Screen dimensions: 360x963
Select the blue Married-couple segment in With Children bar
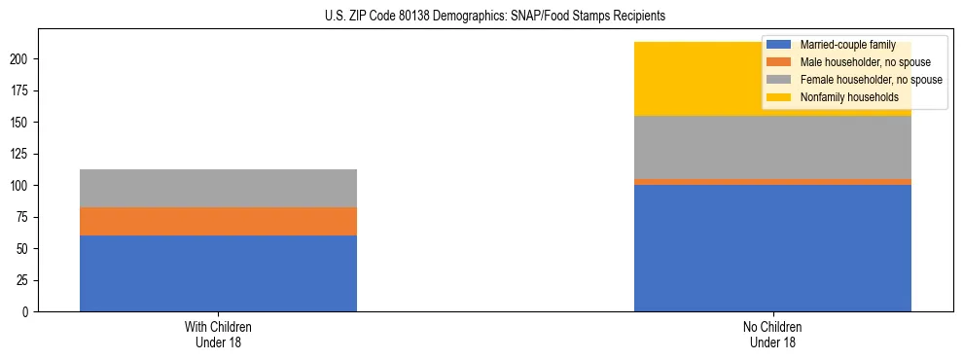tap(218, 273)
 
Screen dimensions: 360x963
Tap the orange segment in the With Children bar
tap(218, 221)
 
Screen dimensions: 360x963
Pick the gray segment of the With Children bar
tap(218, 188)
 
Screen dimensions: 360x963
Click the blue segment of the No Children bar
tap(772, 248)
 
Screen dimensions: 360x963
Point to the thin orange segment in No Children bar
tap(772, 182)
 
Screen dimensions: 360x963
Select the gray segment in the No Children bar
tap(772, 147)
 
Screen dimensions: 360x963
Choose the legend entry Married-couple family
tap(843, 45)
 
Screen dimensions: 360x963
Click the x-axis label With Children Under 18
tap(218, 334)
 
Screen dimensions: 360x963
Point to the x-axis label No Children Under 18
tap(772, 334)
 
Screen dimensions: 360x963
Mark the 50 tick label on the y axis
tap(24, 249)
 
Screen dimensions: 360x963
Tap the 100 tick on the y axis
tap(21, 186)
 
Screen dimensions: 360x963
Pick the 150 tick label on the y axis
tap(21, 123)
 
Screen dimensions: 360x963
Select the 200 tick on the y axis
tap(21, 59)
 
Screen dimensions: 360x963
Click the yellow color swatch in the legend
tap(778, 97)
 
